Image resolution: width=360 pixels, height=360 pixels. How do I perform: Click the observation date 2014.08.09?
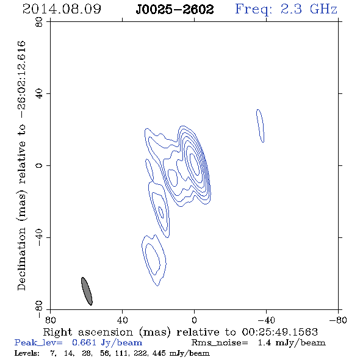click(x=62, y=9)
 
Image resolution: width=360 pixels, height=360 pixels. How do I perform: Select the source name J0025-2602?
click(x=175, y=10)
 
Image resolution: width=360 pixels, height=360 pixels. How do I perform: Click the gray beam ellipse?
click(x=87, y=291)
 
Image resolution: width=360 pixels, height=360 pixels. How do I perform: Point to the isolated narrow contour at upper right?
click(x=260, y=126)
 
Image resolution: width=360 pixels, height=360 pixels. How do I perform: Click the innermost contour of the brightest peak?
click(x=194, y=164)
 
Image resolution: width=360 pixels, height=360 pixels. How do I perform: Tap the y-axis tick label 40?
click(x=39, y=94)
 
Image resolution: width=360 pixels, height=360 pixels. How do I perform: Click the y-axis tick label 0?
click(x=39, y=165)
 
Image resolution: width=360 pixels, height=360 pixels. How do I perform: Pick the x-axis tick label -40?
click(x=266, y=320)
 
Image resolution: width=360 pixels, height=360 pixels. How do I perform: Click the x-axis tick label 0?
click(x=194, y=320)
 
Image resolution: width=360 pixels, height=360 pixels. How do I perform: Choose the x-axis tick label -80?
click(x=338, y=320)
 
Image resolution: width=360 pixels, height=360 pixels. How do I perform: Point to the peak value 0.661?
click(x=84, y=342)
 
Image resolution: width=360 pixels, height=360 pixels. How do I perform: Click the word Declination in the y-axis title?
click(x=21, y=259)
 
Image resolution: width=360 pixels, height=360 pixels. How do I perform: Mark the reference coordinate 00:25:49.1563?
click(x=279, y=332)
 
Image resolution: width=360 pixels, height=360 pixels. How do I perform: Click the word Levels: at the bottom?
click(x=27, y=353)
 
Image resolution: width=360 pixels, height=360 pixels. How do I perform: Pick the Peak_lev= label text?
click(x=38, y=342)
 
